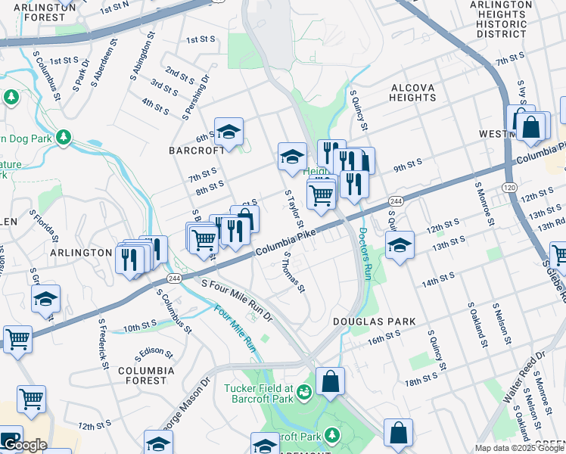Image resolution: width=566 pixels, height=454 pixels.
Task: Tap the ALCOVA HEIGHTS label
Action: pyautogui.click(x=412, y=92)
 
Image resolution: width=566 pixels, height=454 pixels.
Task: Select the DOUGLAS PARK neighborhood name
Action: pyautogui.click(x=374, y=322)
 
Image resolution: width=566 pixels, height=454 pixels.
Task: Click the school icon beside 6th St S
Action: pyautogui.click(x=229, y=133)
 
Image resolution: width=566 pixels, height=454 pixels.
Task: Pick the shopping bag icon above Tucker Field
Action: pyautogui.click(x=331, y=382)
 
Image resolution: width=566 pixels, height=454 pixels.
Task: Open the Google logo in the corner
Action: pyautogui.click(x=24, y=445)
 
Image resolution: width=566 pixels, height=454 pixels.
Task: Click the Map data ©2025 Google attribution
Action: pyautogui.click(x=518, y=448)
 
